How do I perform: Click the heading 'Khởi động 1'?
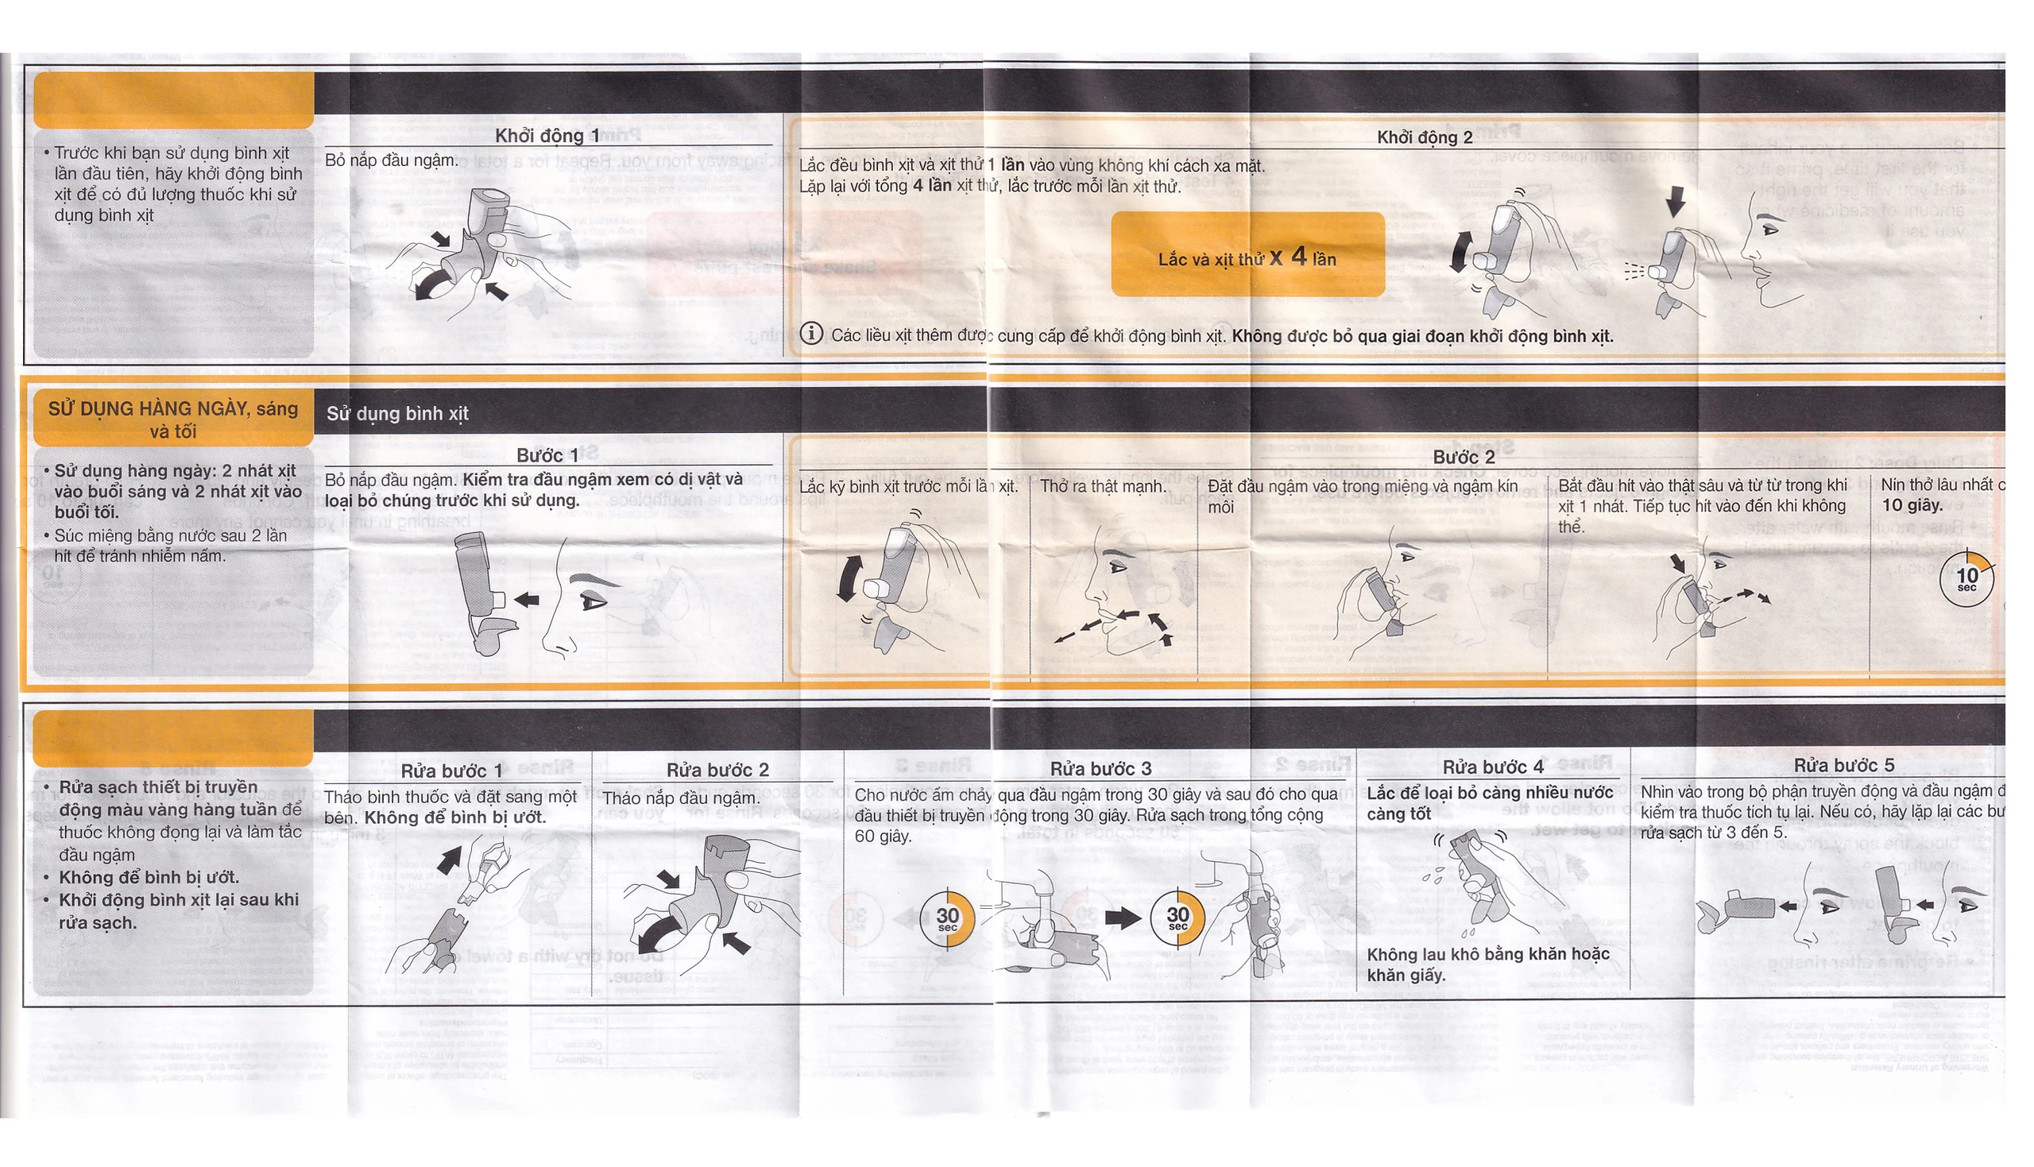pyautogui.click(x=547, y=136)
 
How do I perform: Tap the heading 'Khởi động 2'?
pyautogui.click(x=1424, y=137)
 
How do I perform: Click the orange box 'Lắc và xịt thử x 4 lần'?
pyautogui.click(x=1247, y=255)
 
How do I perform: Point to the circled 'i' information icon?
pyautogui.click(x=811, y=334)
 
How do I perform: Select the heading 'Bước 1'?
pyautogui.click(x=547, y=455)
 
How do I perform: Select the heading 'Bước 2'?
pyautogui.click(x=1464, y=457)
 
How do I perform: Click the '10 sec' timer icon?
pyautogui.click(x=1966, y=578)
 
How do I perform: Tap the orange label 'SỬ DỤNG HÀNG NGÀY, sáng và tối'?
pyautogui.click(x=173, y=419)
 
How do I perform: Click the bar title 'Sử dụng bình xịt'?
pyautogui.click(x=396, y=414)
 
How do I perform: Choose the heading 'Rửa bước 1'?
pyautogui.click(x=451, y=771)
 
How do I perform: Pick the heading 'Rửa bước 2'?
pyautogui.click(x=717, y=770)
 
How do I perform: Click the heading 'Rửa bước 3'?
pyautogui.click(x=1100, y=769)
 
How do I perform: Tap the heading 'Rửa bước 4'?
pyautogui.click(x=1492, y=767)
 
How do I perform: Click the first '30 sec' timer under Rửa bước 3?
pyautogui.click(x=947, y=918)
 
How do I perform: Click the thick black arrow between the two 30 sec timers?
pyautogui.click(x=1121, y=918)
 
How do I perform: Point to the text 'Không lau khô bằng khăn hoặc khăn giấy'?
pyautogui.click(x=1487, y=964)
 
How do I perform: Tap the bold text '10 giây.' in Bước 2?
pyautogui.click(x=1912, y=505)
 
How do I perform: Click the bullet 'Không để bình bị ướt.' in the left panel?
pyautogui.click(x=149, y=878)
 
